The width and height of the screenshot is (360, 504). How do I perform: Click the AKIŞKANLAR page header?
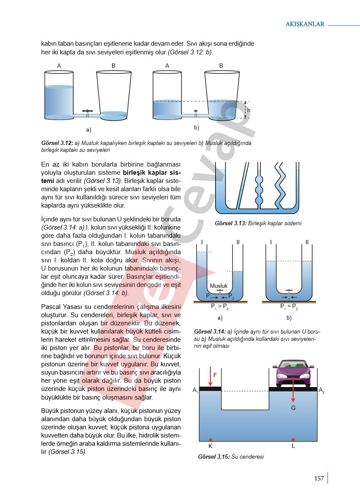click(x=305, y=24)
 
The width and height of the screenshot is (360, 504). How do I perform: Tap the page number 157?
click(x=319, y=478)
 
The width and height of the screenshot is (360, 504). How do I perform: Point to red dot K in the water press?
click(x=210, y=440)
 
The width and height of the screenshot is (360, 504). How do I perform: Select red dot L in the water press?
click(x=293, y=439)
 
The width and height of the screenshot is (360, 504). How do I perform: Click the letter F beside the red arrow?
click(x=215, y=375)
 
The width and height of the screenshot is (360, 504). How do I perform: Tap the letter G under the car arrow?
click(x=293, y=408)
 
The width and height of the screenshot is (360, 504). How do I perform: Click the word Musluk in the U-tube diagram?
click(x=219, y=286)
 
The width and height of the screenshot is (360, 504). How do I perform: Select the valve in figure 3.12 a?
click(x=88, y=112)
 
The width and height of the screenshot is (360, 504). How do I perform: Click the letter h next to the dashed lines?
click(x=249, y=110)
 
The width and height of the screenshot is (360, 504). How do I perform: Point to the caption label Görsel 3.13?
click(x=231, y=224)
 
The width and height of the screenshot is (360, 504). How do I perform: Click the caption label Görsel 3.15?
click(x=214, y=457)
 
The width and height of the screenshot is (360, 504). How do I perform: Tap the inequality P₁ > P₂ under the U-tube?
click(x=219, y=307)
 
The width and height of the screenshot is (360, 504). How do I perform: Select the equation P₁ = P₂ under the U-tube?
click(x=289, y=307)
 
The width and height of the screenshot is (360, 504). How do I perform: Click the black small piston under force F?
click(x=210, y=389)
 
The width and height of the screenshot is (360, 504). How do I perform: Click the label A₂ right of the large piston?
click(x=322, y=390)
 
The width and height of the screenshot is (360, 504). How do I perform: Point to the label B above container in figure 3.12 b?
click(x=221, y=66)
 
